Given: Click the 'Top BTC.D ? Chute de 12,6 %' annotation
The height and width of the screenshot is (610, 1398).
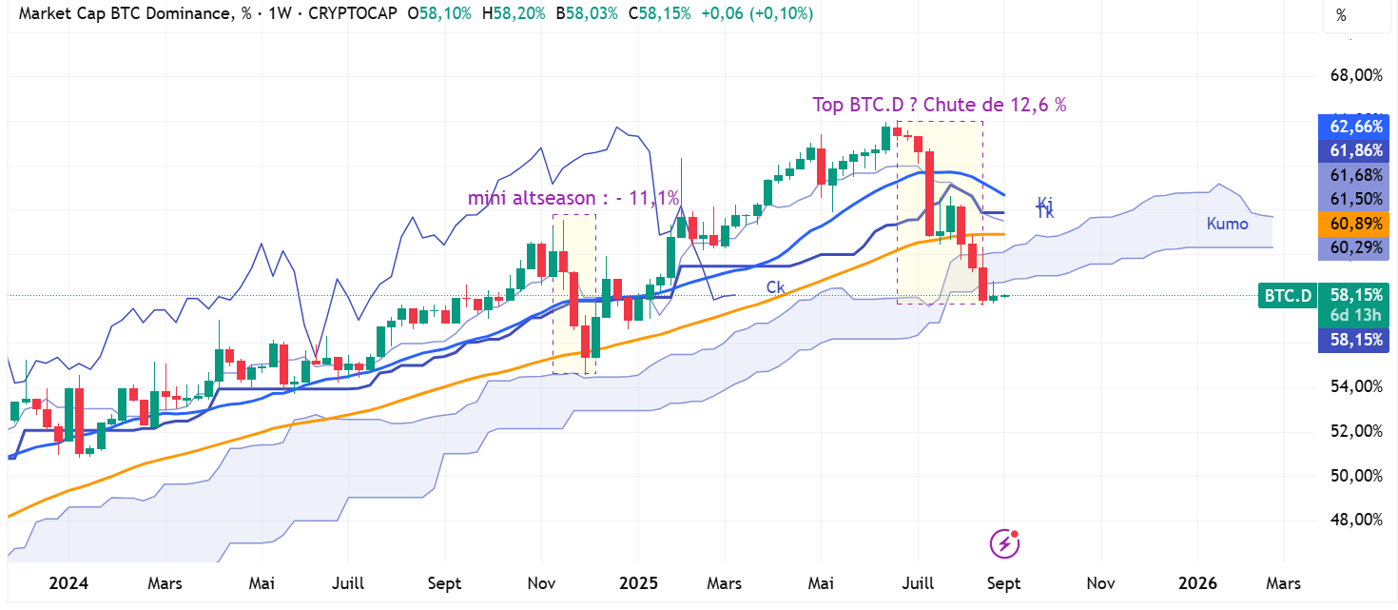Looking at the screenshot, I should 939,105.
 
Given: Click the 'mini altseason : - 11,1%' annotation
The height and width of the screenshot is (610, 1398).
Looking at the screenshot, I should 573,198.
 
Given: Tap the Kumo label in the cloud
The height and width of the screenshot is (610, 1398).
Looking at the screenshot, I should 1227,224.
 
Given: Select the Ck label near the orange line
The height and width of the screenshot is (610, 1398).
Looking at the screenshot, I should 776,286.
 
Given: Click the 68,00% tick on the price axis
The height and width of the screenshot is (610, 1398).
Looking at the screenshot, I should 1354,75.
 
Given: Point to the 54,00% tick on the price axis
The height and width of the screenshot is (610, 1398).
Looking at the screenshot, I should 1354,386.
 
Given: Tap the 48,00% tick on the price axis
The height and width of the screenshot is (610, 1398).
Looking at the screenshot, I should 1354,520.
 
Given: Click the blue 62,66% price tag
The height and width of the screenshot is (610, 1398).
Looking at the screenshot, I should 1356,127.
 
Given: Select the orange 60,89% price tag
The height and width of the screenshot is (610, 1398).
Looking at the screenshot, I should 1356,223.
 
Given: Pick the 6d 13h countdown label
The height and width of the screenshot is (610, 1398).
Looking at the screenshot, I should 1356,316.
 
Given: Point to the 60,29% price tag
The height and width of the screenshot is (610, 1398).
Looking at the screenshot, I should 1356,247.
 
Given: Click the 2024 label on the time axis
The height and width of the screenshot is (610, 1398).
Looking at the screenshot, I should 68,582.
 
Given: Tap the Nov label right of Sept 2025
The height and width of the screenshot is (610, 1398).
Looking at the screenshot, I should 1100,582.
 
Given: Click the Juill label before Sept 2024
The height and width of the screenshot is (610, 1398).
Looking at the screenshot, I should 347,582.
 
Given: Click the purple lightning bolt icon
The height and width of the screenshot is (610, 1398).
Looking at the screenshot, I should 1005,543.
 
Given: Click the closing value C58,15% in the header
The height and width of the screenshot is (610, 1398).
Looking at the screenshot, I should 660,14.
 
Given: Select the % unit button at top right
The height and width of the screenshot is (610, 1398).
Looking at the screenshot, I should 1342,15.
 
